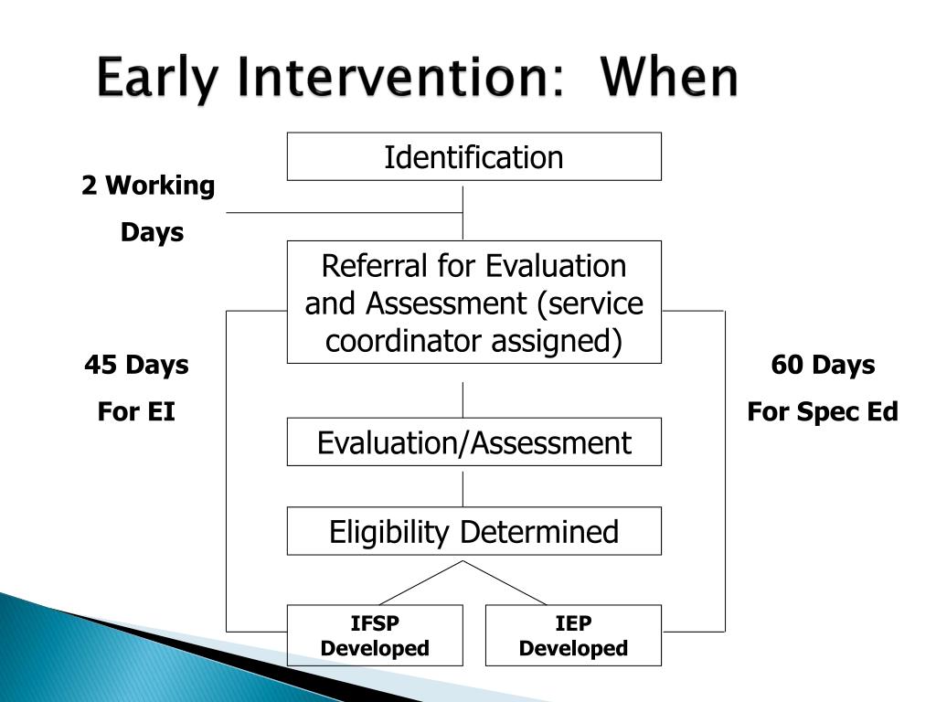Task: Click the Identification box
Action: [474, 156]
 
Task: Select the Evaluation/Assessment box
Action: [474, 441]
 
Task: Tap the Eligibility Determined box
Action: [474, 531]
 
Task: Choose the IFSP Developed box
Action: [375, 635]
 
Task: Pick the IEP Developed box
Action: [574, 635]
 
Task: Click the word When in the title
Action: [669, 77]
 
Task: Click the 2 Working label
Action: [148, 185]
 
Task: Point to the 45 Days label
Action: [137, 365]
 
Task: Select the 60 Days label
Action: [823, 365]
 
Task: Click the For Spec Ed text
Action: [823, 411]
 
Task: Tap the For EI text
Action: [137, 411]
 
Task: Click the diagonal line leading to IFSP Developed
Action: [420, 582]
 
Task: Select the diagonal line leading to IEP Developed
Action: [505, 582]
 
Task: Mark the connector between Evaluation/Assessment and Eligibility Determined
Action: [463, 490]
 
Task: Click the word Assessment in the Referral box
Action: [446, 303]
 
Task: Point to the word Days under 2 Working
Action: [153, 232]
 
